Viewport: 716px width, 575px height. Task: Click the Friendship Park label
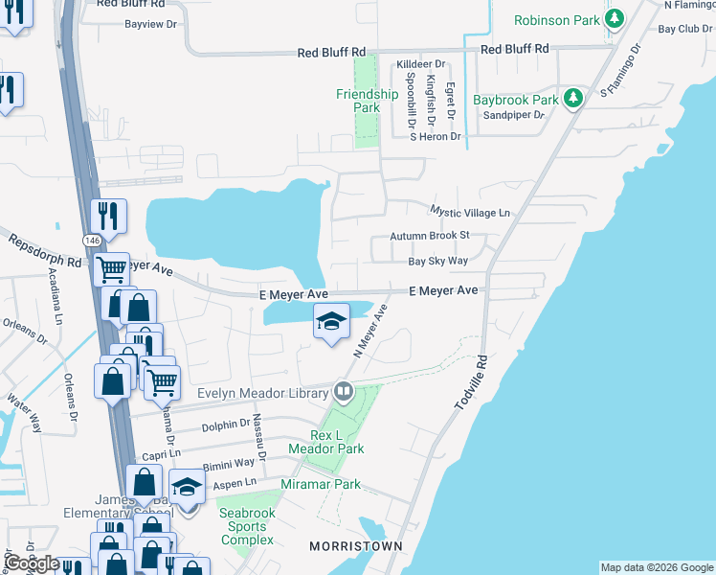point(367,101)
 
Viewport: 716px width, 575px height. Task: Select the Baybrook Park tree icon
point(573,100)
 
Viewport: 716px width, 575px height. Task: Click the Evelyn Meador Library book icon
point(343,391)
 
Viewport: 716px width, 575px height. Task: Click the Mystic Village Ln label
point(470,212)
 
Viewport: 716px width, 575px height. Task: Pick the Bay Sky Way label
point(437,261)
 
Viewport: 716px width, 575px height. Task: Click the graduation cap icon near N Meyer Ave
point(331,321)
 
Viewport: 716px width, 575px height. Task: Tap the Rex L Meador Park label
point(324,442)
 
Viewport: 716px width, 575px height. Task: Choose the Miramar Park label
point(321,484)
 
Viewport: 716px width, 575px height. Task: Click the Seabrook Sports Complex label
point(247,526)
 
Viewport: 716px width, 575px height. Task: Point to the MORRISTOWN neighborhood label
point(355,545)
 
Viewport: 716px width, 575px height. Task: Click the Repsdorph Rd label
point(45,251)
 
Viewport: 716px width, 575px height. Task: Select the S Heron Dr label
point(435,137)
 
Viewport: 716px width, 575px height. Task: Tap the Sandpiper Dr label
point(512,115)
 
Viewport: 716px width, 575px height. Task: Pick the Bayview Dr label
point(151,23)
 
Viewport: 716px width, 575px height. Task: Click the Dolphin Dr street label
point(225,421)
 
